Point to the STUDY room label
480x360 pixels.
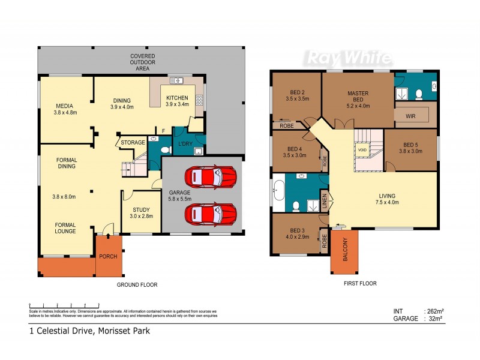click(141, 209)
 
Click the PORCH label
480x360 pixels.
click(109, 256)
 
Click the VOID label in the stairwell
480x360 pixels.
click(362, 149)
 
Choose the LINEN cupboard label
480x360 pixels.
click(325, 202)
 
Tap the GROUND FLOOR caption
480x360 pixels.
click(137, 285)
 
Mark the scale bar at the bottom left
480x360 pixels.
click(64, 306)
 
